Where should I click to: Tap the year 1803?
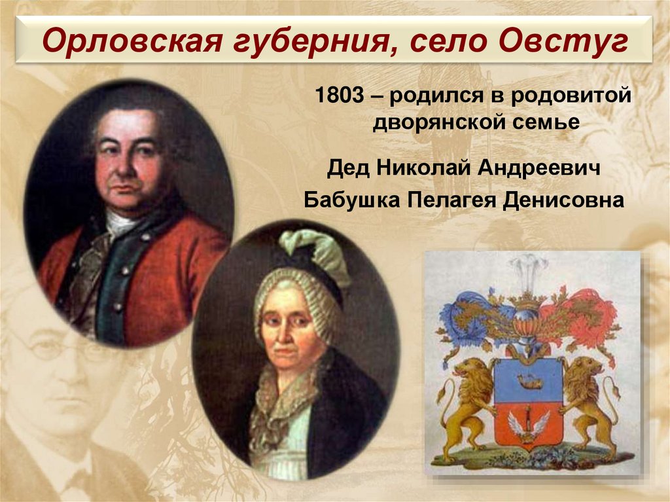(338, 96)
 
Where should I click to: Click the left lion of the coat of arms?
(469, 399)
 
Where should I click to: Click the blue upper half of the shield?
(528, 379)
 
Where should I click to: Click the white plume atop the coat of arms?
(529, 269)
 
